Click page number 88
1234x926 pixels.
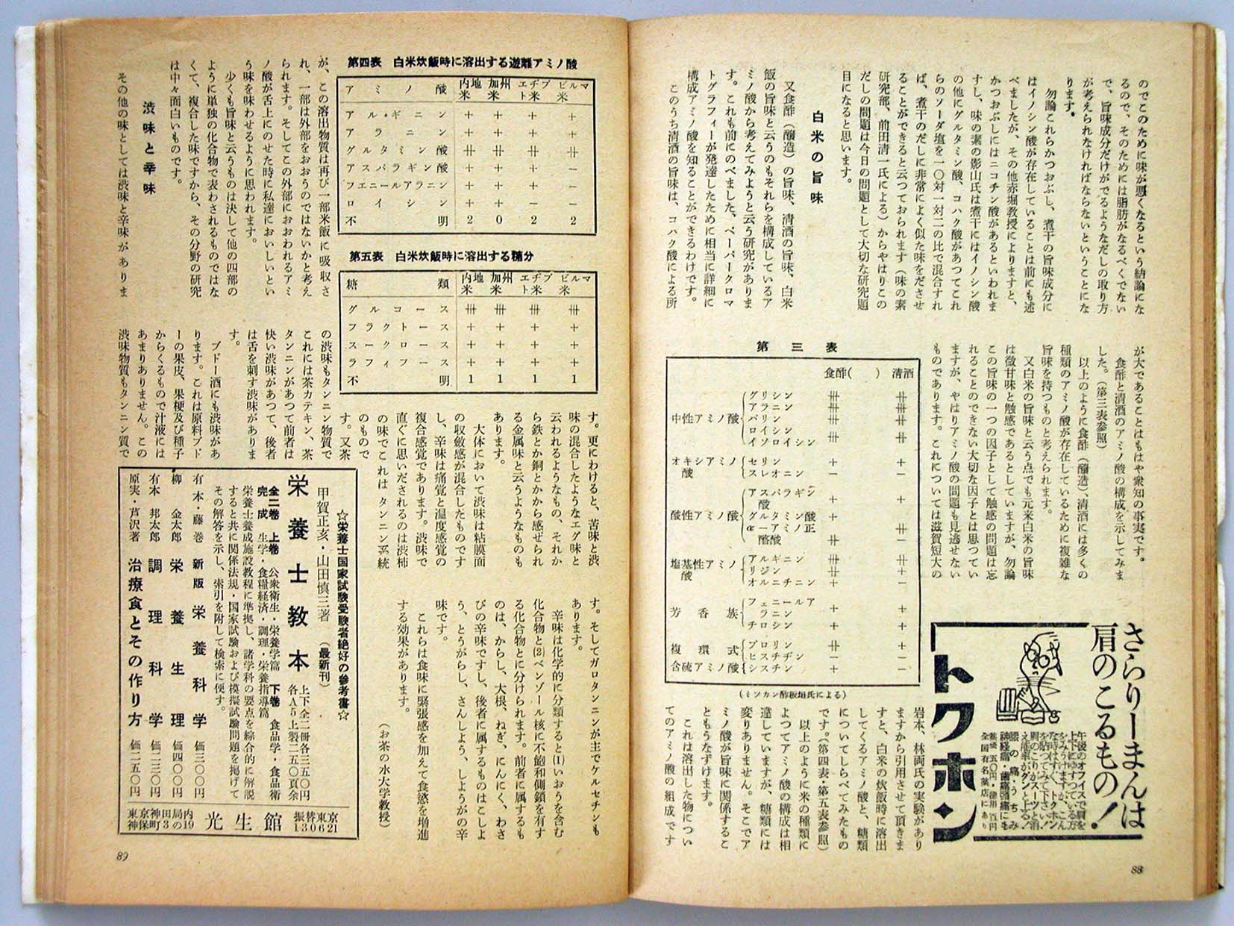pos(1139,867)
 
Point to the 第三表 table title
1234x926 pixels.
pos(797,347)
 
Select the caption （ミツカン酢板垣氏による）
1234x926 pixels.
pos(792,694)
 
